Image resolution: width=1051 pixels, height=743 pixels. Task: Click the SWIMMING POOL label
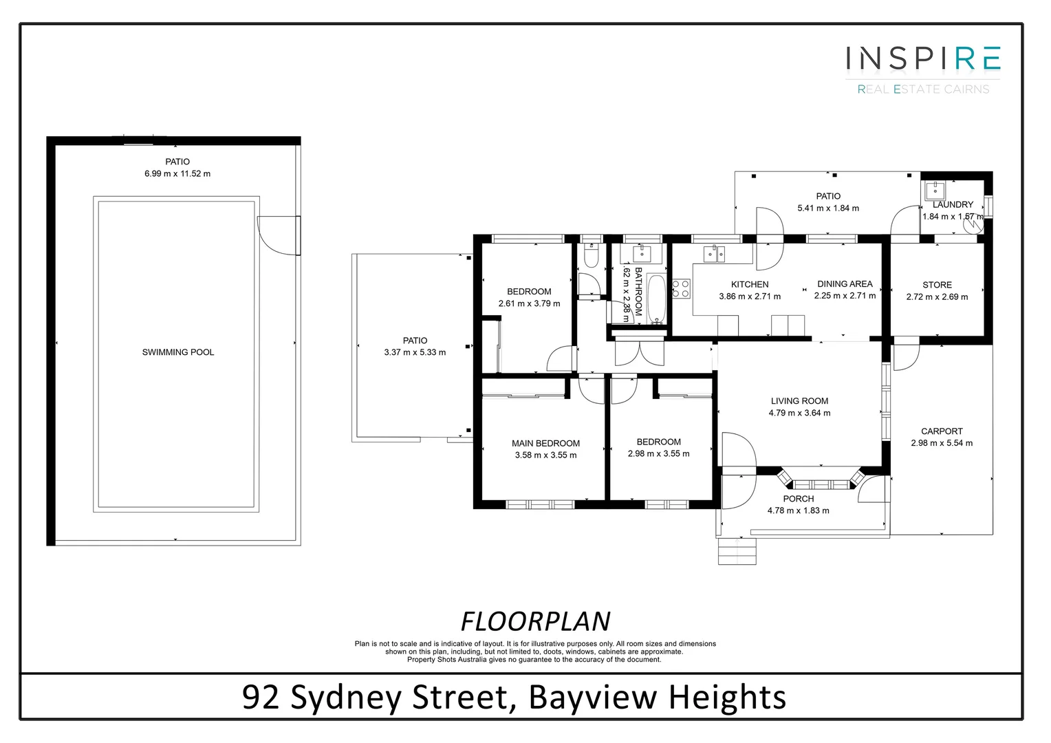(177, 352)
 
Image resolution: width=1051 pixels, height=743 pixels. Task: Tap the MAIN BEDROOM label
(545, 444)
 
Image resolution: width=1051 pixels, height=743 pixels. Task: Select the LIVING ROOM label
(799, 401)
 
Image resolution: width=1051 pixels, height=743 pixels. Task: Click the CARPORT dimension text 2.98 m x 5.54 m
(942, 443)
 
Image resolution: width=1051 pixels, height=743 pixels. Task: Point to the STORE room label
(937, 285)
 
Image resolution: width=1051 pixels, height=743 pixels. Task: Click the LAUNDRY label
(953, 204)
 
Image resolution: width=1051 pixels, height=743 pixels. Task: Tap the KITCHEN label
(750, 284)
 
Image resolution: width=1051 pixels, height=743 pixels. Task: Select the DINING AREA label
(845, 283)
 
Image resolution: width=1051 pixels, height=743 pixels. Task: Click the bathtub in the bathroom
(657, 299)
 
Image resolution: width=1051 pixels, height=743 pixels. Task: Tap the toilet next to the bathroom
(590, 258)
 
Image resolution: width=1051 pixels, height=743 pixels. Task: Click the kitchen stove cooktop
(681, 288)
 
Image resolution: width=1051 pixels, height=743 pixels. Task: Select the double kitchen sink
(714, 254)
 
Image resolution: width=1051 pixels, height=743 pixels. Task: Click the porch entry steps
(737, 551)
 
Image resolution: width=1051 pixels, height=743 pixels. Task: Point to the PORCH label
(798, 499)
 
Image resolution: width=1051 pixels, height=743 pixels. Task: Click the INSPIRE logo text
(922, 58)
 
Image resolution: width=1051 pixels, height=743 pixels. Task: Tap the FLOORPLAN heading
(534, 621)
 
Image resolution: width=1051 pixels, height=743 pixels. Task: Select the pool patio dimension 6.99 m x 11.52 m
(177, 174)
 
